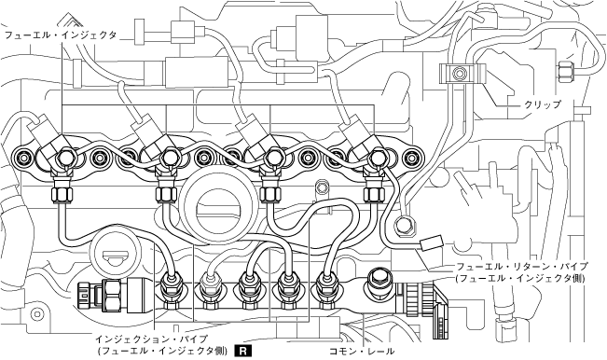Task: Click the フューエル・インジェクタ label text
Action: click(61, 35)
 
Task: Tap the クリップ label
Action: click(542, 104)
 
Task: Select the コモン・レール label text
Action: click(362, 352)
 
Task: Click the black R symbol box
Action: click(242, 351)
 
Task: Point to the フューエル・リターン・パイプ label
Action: click(522, 267)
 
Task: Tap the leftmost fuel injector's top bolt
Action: click(64, 158)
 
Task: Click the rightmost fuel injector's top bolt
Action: click(376, 158)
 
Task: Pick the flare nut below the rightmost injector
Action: click(373, 191)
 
